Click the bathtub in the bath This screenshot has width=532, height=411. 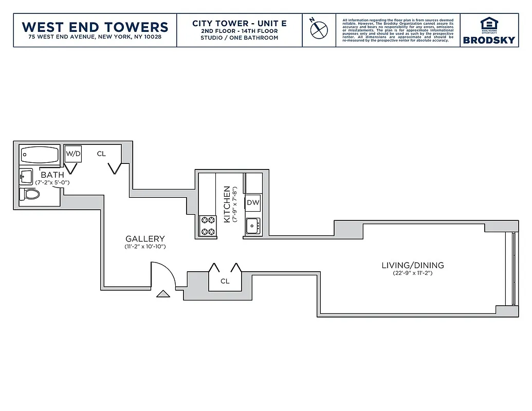(x=40, y=154)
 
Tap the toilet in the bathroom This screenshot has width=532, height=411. (x=30, y=195)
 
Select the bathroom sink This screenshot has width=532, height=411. (x=26, y=176)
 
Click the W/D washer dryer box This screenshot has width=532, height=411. (x=72, y=154)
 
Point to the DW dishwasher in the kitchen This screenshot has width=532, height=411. (x=253, y=202)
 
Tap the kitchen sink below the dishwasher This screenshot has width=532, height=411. (x=252, y=226)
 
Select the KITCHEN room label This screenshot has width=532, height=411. (x=226, y=204)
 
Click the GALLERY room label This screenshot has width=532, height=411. (x=145, y=238)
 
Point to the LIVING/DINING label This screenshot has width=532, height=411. (x=412, y=266)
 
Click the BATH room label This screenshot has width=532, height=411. (x=52, y=175)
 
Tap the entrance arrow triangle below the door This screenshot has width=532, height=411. (x=163, y=294)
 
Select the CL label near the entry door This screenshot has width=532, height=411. (x=225, y=281)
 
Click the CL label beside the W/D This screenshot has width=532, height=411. (x=101, y=154)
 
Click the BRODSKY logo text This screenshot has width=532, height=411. (x=489, y=40)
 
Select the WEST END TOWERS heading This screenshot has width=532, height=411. (x=95, y=27)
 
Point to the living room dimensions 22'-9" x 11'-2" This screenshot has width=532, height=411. (x=412, y=273)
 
